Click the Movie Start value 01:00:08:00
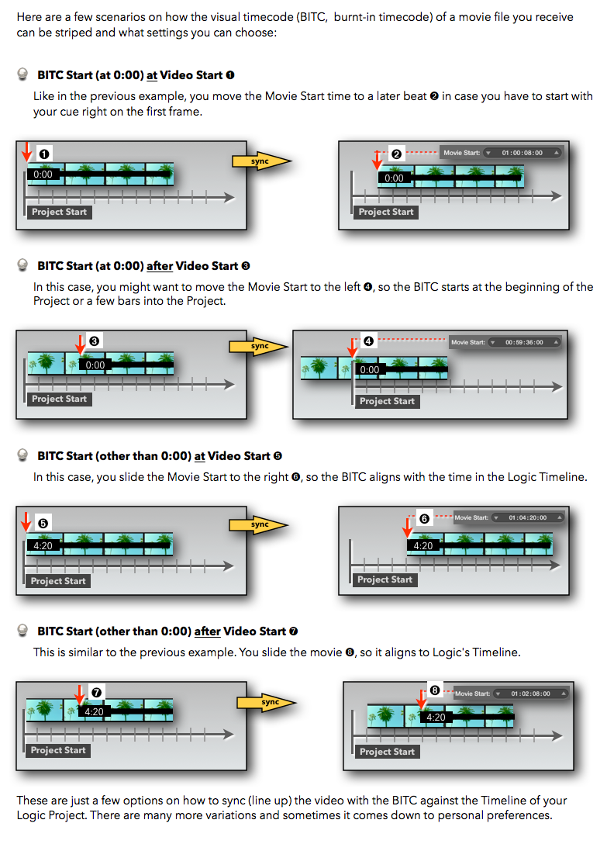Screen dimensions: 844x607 (522, 153)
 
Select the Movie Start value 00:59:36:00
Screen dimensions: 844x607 (524, 341)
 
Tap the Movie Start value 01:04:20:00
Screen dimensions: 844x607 (527, 517)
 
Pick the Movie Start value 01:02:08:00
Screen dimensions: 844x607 (531, 693)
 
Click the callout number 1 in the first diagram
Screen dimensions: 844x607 (44, 154)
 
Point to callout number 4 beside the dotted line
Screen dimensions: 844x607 (368, 341)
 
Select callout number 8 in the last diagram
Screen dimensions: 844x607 (435, 690)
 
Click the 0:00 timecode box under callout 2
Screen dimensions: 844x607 (394, 178)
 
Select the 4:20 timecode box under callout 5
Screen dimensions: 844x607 (42, 545)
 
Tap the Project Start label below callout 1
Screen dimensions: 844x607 (59, 212)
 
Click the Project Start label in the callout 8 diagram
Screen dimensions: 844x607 (386, 751)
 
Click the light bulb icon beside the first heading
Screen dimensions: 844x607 (23, 75)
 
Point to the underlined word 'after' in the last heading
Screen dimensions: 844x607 (207, 631)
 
